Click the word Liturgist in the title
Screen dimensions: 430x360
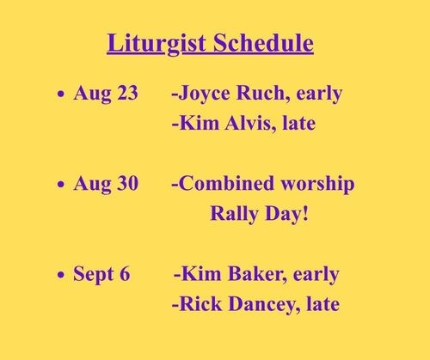coord(157,44)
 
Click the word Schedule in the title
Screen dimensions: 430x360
coord(263,42)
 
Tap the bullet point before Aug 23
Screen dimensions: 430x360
coord(61,94)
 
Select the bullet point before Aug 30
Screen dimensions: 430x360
coord(61,184)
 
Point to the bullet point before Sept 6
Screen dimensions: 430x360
coord(61,275)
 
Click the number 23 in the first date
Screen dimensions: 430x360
coord(127,93)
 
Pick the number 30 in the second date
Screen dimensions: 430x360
coord(128,183)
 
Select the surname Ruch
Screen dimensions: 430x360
coord(260,93)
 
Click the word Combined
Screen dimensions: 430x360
coord(226,183)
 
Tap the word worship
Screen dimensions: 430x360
coord(317,185)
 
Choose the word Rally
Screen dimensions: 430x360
coord(234,214)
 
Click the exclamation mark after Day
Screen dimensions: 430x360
coord(305,213)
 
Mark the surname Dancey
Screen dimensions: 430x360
coord(264,305)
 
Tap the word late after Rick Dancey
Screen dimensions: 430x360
coord(323,303)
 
